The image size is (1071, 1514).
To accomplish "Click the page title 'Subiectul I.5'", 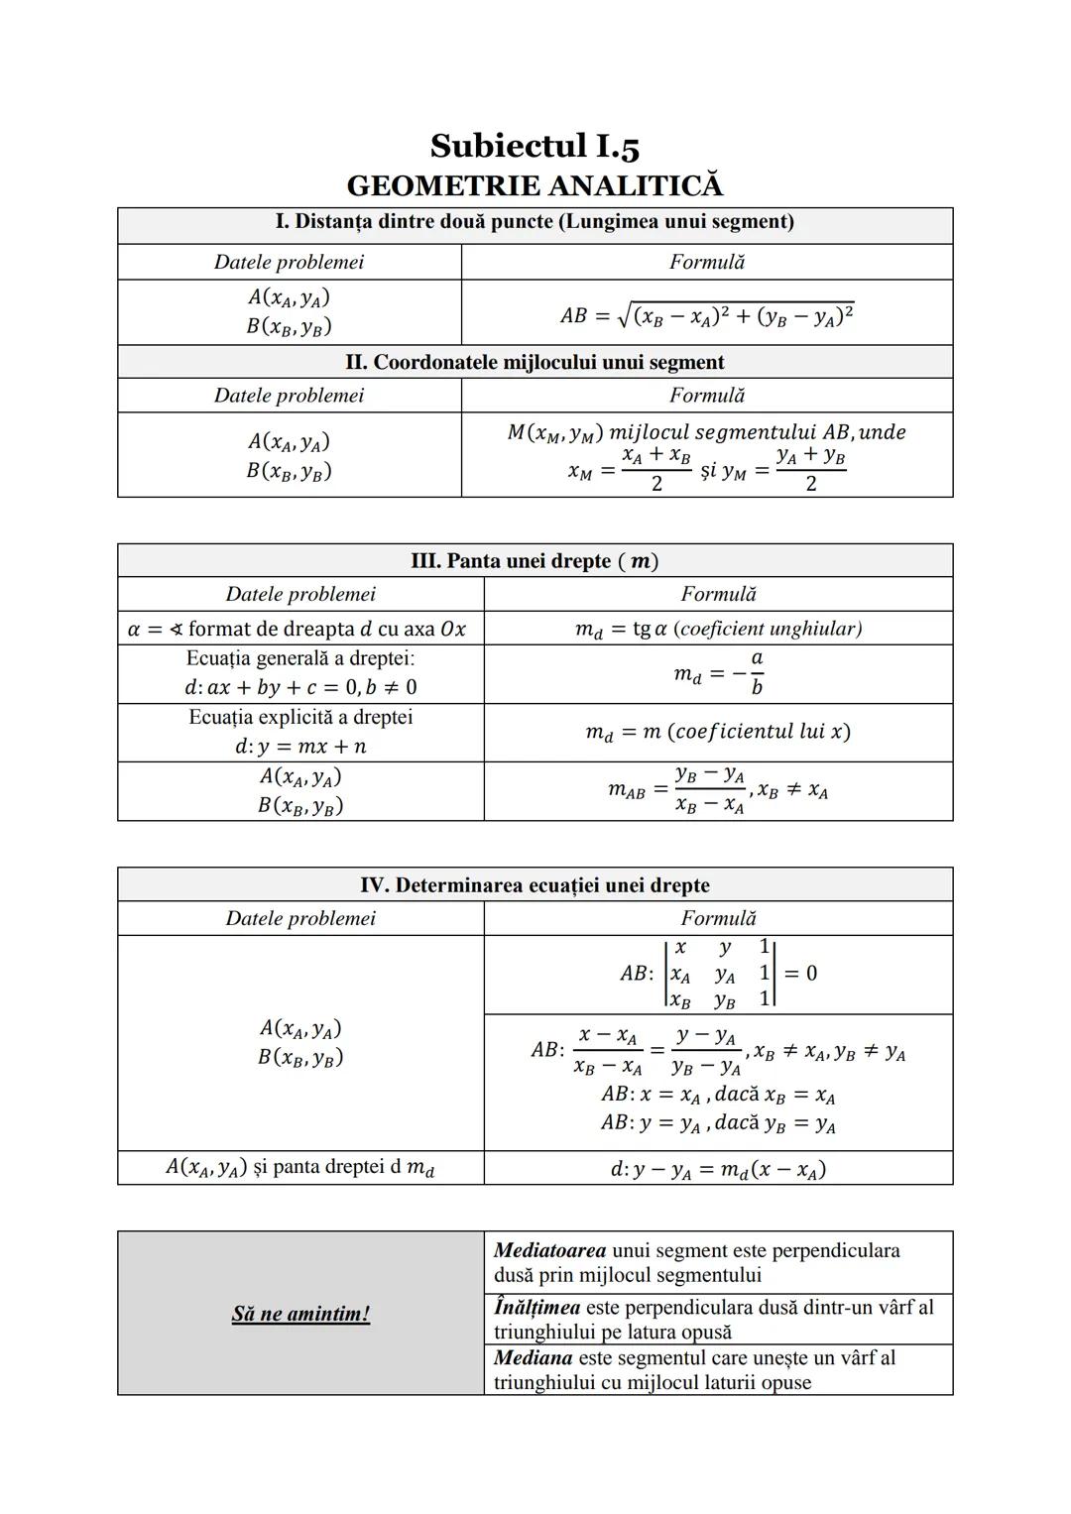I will pyautogui.click(x=535, y=147).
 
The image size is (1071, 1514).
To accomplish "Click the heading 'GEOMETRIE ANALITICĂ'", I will pyautogui.click(x=535, y=186).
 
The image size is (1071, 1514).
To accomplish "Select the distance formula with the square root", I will pyautogui.click(x=706, y=314).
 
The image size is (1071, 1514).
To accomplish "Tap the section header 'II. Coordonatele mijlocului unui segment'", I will pyautogui.click(x=535, y=362).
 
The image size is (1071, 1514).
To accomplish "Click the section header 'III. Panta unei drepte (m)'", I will pyautogui.click(x=535, y=561).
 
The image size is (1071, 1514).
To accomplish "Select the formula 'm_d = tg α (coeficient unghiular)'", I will pyautogui.click(x=718, y=629).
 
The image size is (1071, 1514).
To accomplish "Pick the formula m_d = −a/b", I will pyautogui.click(x=718, y=674).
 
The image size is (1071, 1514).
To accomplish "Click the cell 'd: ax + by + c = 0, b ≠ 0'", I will pyautogui.click(x=300, y=687).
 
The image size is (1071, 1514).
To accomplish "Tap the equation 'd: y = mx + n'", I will pyautogui.click(x=300, y=747).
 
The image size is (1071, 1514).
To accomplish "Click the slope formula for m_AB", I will pyautogui.click(x=718, y=790).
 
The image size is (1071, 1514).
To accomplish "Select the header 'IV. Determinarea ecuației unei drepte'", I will pyautogui.click(x=535, y=885).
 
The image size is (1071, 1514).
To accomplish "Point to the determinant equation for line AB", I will pyautogui.click(x=718, y=974).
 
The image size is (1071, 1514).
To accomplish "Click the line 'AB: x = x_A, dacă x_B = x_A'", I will pyautogui.click(x=718, y=1096).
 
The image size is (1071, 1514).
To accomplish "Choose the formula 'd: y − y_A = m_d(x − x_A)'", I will pyautogui.click(x=718, y=1169).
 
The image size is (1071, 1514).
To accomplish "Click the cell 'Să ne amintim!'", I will pyautogui.click(x=300, y=1314).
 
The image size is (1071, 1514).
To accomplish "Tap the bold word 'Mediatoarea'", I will pyautogui.click(x=550, y=1250).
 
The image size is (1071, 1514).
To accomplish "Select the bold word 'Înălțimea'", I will pyautogui.click(x=536, y=1308).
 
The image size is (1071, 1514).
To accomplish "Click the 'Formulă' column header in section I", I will pyautogui.click(x=706, y=262).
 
